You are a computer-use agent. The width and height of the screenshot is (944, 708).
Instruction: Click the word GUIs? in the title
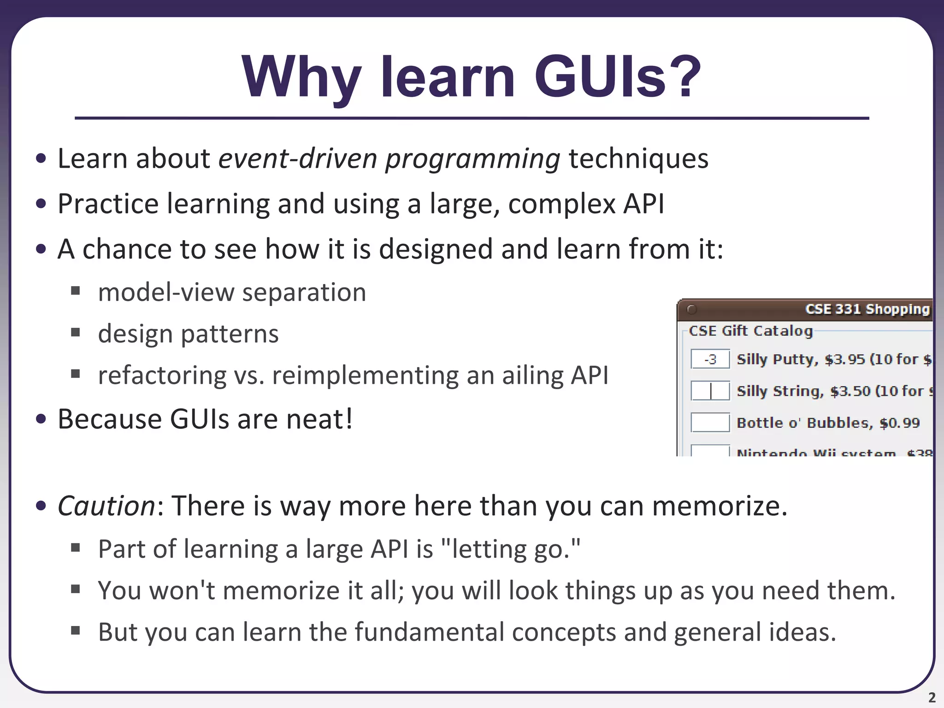tap(618, 77)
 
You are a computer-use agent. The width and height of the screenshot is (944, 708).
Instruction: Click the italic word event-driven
tap(297, 159)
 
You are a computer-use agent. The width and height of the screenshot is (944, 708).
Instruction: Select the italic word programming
tap(472, 159)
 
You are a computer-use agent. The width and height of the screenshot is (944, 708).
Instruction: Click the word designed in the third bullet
tap(436, 249)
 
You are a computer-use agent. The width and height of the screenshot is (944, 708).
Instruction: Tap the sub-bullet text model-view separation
tap(232, 293)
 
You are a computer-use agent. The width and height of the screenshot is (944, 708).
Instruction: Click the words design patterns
tap(188, 334)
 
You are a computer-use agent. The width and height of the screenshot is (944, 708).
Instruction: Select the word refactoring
tap(162, 375)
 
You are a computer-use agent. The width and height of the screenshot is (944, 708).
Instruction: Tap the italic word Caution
tap(106, 506)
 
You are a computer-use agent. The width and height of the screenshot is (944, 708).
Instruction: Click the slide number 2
tap(932, 697)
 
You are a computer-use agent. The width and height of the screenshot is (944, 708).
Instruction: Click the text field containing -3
tap(710, 359)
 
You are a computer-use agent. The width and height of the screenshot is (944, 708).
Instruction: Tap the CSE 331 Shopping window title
tap(867, 309)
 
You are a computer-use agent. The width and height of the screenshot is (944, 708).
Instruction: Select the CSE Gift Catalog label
tap(750, 331)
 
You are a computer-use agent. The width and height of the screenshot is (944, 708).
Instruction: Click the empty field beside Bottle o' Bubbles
tap(710, 422)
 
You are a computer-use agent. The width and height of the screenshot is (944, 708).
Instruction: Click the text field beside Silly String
tap(710, 391)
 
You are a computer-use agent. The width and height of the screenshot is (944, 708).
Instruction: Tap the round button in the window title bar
tap(691, 309)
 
